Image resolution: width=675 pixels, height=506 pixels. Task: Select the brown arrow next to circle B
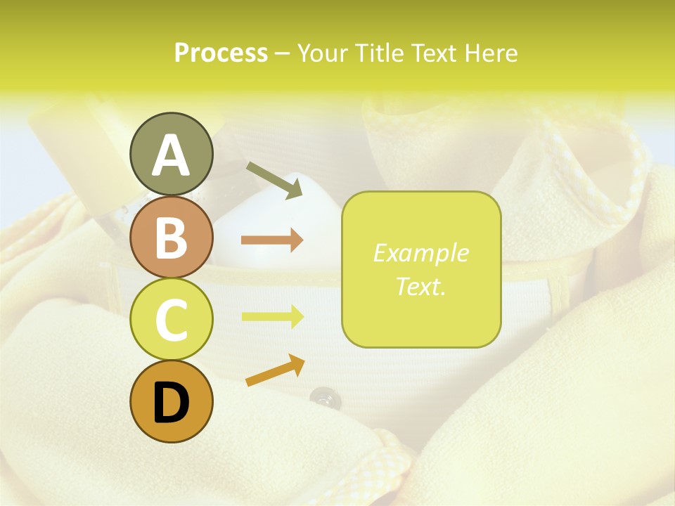(x=272, y=240)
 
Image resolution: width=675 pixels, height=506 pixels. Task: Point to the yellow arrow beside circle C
(x=272, y=316)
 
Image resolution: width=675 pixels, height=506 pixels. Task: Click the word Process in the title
(x=221, y=53)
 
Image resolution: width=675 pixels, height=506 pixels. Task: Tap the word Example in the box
(x=420, y=253)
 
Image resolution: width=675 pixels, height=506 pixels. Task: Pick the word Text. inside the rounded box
(x=420, y=286)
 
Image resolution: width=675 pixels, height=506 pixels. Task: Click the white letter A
(x=171, y=156)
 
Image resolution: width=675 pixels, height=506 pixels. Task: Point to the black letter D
(x=171, y=402)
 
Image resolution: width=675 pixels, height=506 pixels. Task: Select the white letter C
(x=171, y=320)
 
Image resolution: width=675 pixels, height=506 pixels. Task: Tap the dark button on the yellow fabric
(x=322, y=398)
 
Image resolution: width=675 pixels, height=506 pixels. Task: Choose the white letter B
(x=171, y=238)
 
